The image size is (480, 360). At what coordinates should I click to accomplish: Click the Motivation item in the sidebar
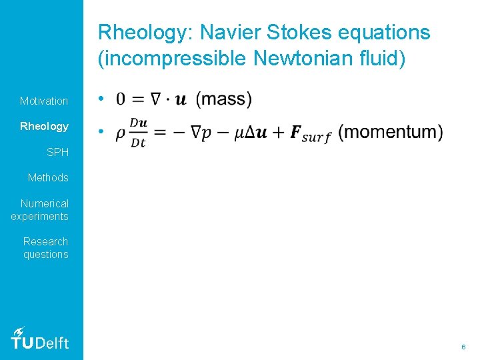[44, 101]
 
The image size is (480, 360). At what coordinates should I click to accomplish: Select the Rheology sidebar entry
[44, 126]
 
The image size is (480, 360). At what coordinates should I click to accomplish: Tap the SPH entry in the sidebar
[57, 152]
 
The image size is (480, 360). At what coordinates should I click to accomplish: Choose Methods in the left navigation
[48, 177]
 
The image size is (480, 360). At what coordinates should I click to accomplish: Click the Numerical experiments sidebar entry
[40, 209]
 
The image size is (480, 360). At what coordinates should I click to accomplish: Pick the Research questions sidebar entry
[45, 247]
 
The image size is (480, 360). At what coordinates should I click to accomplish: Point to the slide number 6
[463, 347]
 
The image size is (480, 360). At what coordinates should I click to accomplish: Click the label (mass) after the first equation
[224, 99]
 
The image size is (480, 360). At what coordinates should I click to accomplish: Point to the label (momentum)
[390, 132]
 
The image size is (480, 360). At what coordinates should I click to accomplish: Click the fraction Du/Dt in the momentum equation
[139, 132]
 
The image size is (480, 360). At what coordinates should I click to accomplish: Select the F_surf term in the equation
[310, 133]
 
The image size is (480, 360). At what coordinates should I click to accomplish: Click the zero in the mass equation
[121, 99]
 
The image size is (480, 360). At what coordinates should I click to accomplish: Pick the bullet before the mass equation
[99, 99]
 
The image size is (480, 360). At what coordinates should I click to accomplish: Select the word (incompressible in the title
[173, 59]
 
